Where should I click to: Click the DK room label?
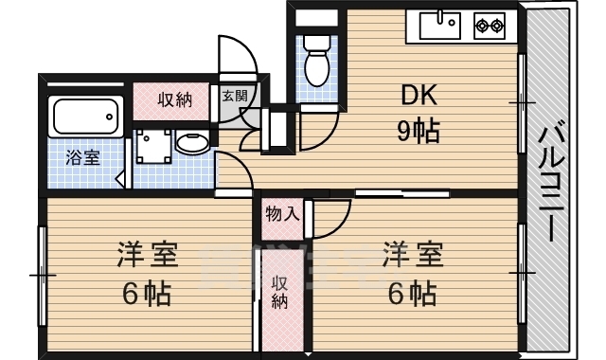coord(418,95)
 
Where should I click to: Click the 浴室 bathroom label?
coord(82,157)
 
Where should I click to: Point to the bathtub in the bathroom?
coord(86,117)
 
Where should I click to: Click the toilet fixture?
coord(316,61)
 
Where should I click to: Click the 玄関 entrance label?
coord(234,96)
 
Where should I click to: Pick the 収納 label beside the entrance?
coord(176,99)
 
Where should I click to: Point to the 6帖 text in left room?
coord(147,293)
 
